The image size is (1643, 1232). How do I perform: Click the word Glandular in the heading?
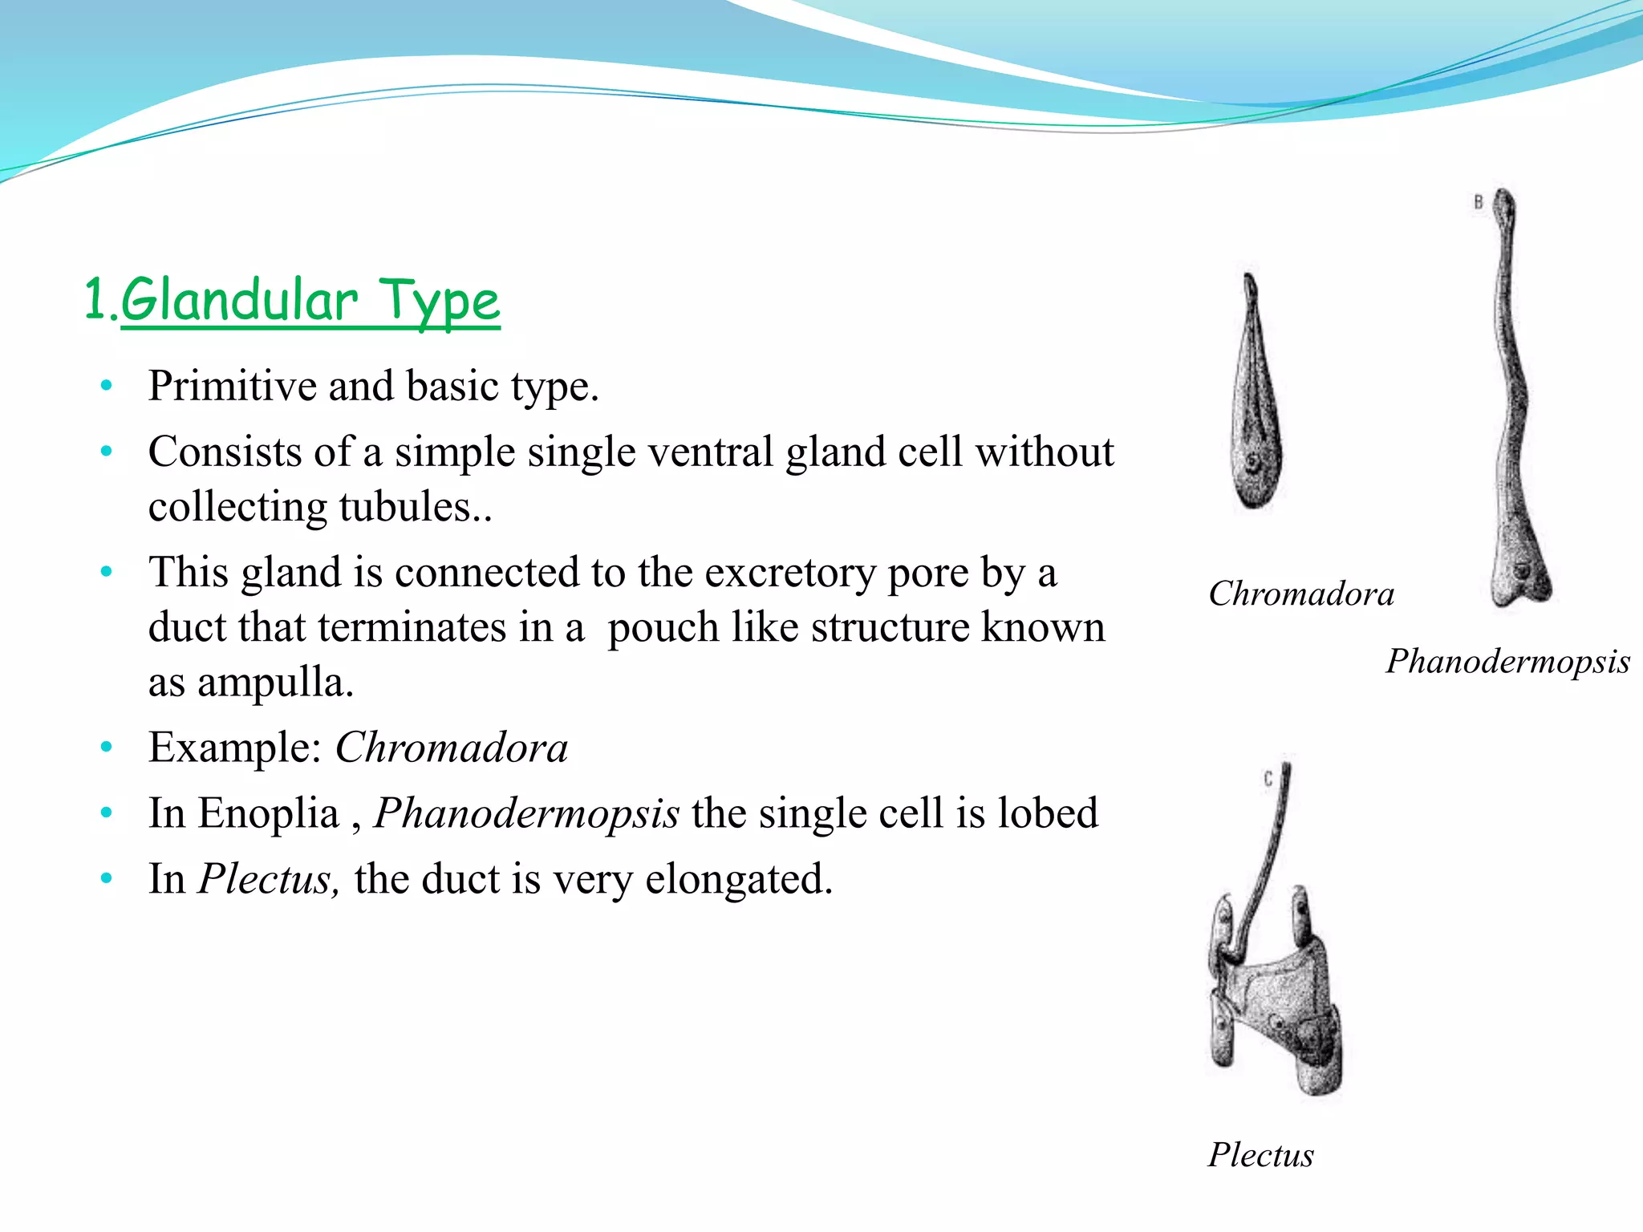click(x=239, y=301)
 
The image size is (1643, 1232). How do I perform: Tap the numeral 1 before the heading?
click(x=95, y=299)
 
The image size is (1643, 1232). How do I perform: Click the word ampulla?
click(x=274, y=683)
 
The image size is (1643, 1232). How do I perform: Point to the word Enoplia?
click(x=268, y=813)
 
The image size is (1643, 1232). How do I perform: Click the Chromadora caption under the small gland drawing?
click(x=1300, y=594)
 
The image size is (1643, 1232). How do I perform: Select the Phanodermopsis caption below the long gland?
click(x=1507, y=662)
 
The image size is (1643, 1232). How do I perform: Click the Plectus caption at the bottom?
click(x=1260, y=1155)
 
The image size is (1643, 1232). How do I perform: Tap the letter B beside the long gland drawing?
click(x=1478, y=202)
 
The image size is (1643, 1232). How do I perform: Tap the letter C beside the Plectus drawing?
click(x=1268, y=779)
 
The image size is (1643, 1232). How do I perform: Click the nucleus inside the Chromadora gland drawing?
click(x=1252, y=463)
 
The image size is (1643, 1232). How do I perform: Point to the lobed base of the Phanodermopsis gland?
click(x=1520, y=582)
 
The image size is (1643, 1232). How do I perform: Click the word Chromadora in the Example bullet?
click(x=451, y=748)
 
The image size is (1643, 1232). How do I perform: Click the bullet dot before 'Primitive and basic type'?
click(x=107, y=387)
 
